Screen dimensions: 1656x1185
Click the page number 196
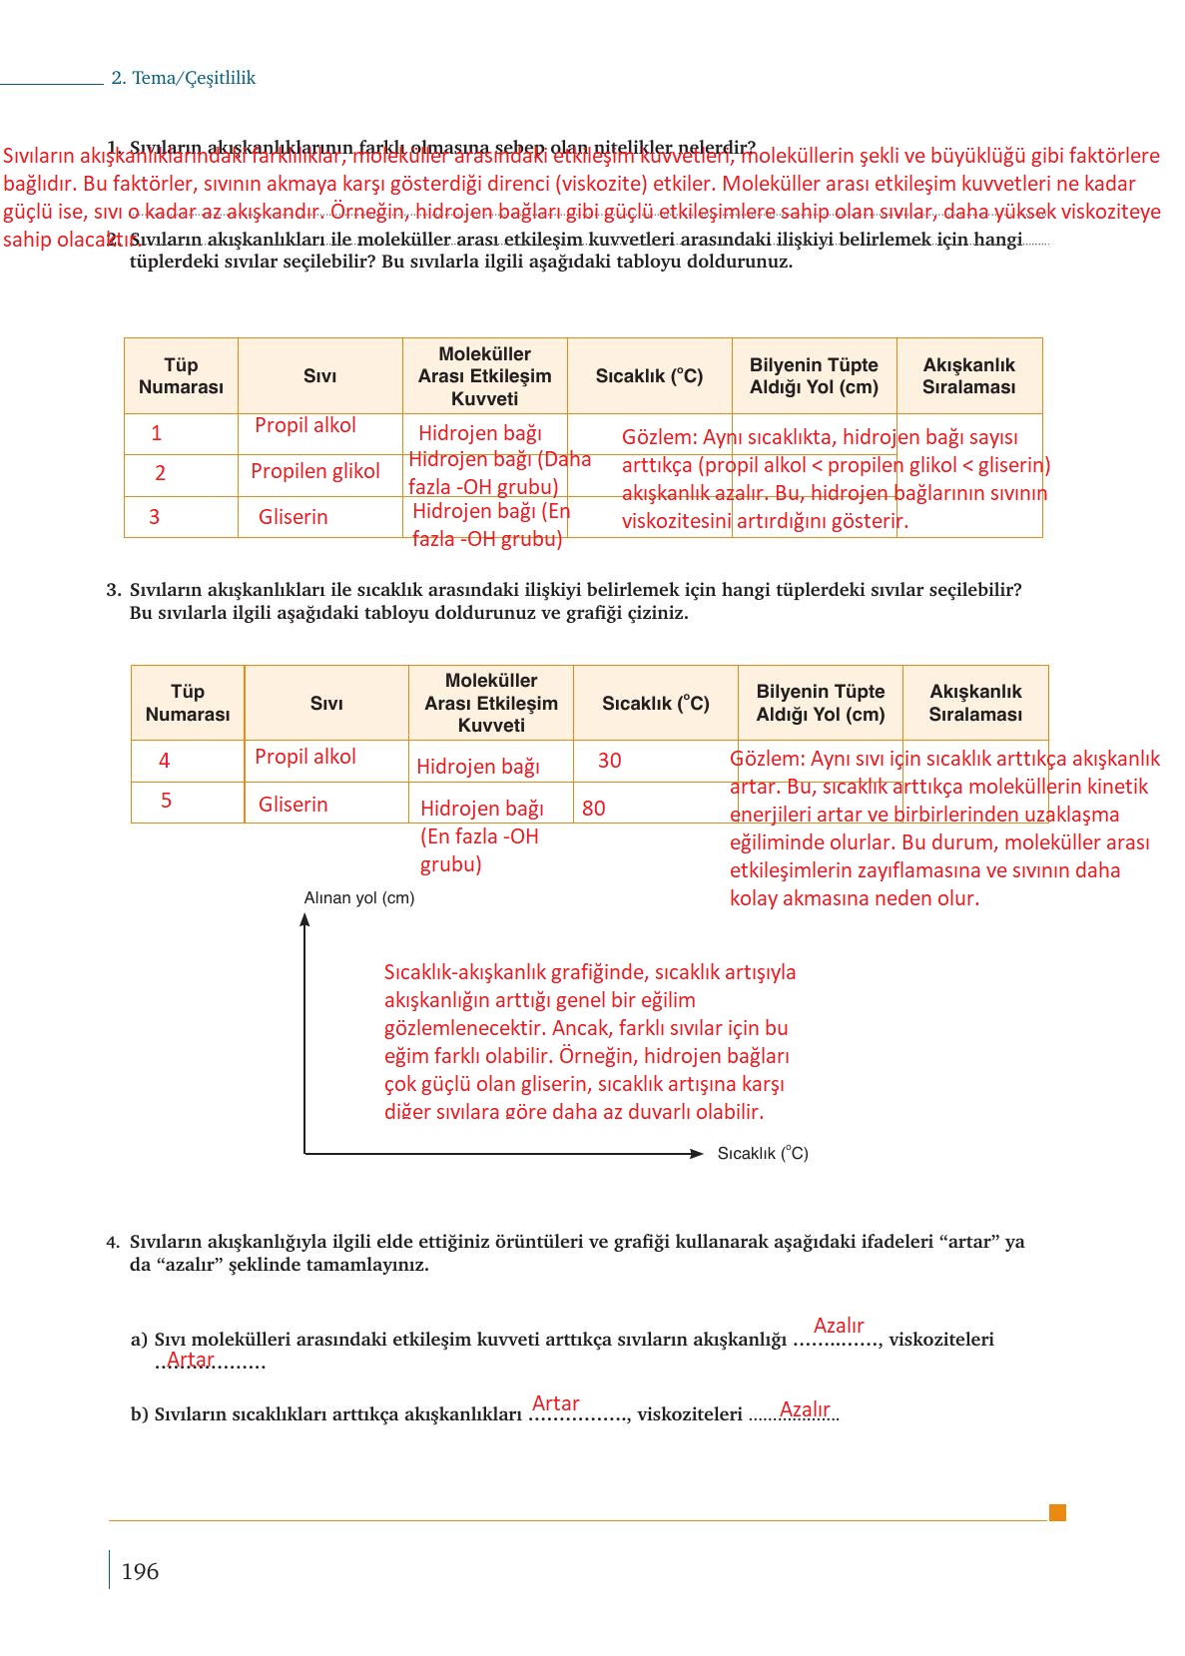140,1571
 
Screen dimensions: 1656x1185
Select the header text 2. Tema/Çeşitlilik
184,78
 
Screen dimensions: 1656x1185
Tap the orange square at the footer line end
1057,1512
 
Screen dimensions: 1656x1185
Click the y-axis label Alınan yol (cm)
359,897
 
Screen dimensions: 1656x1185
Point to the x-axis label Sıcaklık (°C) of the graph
763,1153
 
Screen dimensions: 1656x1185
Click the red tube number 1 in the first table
156,433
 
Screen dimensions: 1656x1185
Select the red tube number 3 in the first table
154,517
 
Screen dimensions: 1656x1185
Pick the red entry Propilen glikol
314,471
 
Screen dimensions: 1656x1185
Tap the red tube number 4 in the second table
164,761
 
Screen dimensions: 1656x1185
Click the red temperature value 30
609,761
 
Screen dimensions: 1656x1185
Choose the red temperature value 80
593,809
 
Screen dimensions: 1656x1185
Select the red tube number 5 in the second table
166,801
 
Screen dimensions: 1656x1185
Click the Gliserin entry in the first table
293,517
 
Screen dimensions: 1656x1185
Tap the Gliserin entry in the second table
293,805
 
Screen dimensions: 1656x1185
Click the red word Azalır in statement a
839,1326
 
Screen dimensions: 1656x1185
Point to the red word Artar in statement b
555,1403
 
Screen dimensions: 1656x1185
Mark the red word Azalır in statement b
805,1409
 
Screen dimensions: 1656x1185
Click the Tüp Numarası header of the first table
181,376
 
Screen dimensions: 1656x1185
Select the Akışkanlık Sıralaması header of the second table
975,703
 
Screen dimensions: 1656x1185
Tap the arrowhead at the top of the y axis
304,919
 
